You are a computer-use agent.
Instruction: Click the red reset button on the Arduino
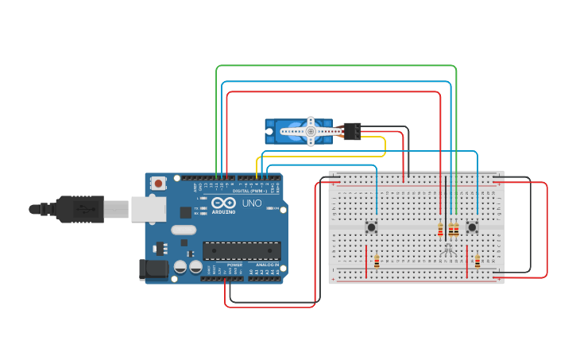click(158, 184)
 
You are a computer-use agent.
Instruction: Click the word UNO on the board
click(251, 203)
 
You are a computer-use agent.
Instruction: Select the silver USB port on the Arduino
click(149, 209)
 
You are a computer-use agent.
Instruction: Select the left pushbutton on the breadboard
click(371, 227)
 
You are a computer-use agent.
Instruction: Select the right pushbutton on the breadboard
click(473, 227)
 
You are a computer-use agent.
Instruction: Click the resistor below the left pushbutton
click(377, 261)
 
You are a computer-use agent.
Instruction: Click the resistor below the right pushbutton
click(477, 261)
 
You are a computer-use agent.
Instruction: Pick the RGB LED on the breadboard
click(448, 250)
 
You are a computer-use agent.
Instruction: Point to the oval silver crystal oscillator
click(182, 230)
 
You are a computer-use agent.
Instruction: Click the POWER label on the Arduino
click(234, 265)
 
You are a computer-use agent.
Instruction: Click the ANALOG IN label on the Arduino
click(265, 265)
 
